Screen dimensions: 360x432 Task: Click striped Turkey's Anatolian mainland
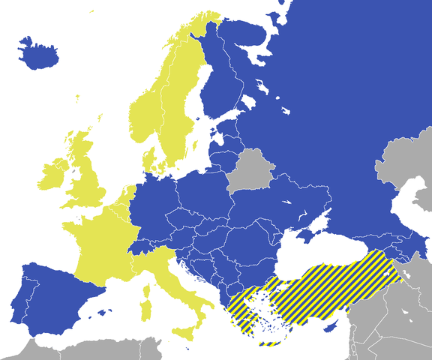pos(330,289)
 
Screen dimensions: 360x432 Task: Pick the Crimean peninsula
pos(308,233)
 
